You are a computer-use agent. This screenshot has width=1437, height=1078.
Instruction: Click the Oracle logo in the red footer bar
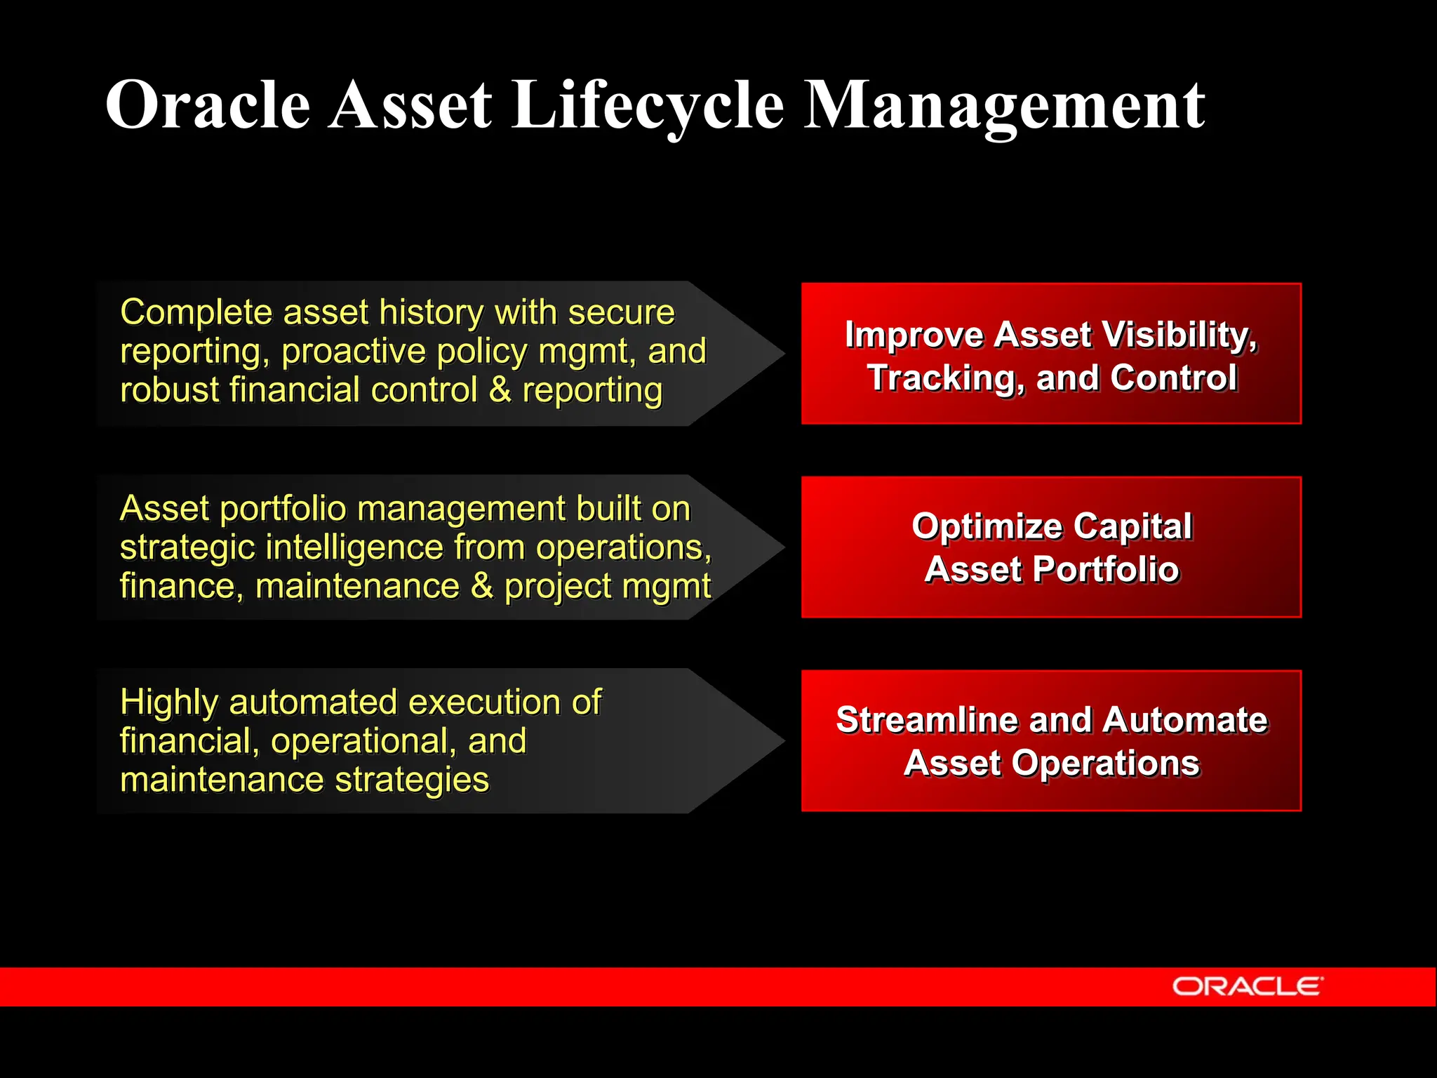click(x=1247, y=986)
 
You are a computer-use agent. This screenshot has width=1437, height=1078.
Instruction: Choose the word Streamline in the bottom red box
click(x=928, y=720)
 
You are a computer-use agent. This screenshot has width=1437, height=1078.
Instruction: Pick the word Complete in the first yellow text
click(x=196, y=312)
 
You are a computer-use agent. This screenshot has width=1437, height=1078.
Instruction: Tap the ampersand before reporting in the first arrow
click(x=500, y=390)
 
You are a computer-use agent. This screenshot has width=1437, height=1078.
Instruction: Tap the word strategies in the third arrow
click(x=412, y=780)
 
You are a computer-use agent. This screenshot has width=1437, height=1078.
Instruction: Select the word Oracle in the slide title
click(x=208, y=105)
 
